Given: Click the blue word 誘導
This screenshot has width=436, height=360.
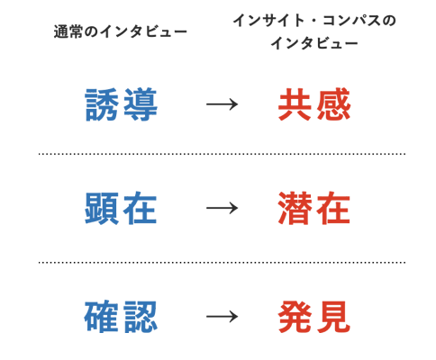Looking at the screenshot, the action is [122, 104].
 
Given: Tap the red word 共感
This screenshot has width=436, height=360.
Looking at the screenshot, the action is [314, 104].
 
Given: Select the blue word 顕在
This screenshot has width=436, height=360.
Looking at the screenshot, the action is [121, 208].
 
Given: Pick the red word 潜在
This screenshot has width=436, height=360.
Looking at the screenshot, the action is [314, 208].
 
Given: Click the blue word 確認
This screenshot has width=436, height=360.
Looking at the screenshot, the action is [121, 317].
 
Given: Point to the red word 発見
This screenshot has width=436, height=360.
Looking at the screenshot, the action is [314, 317].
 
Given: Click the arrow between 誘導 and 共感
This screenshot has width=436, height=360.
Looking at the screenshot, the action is [222, 104].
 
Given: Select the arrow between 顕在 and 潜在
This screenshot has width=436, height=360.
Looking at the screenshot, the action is [222, 208].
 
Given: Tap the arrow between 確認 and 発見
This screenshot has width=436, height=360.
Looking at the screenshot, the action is [222, 317].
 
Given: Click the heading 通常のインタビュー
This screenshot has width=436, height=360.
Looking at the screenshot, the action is [121, 31].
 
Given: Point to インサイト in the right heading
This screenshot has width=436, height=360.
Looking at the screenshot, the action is [268, 21].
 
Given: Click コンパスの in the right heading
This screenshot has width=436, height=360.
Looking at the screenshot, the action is [359, 21].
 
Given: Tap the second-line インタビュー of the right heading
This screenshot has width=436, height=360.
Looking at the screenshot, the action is [314, 43].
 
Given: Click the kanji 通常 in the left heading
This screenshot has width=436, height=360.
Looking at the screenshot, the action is [68, 31].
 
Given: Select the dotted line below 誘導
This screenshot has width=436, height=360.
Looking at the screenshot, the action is [223, 154].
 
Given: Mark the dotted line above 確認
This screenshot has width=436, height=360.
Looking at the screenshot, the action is [223, 263].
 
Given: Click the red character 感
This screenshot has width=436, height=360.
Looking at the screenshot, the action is [333, 104].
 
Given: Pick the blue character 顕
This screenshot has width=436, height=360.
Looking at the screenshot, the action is [102, 208].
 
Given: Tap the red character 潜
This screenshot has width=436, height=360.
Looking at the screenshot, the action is [295, 208].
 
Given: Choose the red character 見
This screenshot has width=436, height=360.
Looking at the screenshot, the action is [333, 317].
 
